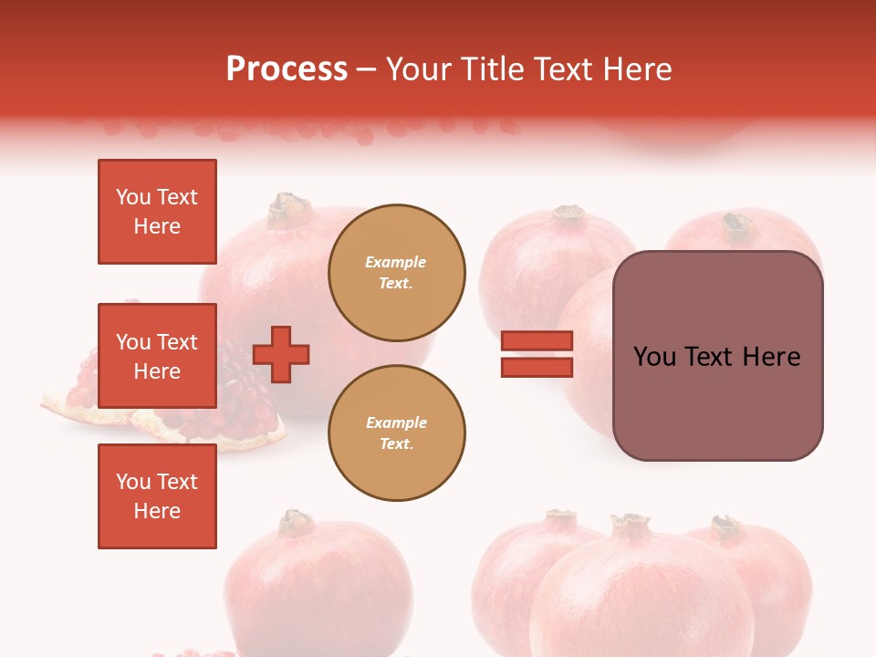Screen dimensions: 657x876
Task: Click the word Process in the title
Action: point(287,69)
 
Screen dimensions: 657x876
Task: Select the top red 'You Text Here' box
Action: point(157,212)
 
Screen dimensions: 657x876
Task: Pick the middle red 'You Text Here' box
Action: point(157,356)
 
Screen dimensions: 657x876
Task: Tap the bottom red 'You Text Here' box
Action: point(157,495)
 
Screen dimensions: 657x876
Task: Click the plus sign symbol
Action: point(281,354)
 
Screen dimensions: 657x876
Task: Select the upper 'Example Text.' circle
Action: point(396,272)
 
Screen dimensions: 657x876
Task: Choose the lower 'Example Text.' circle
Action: point(396,433)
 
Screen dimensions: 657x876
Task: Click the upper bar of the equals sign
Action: point(537,340)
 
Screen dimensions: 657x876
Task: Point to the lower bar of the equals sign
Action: point(537,368)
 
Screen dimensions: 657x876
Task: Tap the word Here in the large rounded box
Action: point(771,356)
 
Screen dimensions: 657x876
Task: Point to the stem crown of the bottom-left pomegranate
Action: point(295,522)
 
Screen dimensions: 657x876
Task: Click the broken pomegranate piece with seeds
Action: point(228,411)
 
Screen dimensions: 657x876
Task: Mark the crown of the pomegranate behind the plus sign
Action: point(289,209)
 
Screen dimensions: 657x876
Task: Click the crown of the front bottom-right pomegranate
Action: point(630,526)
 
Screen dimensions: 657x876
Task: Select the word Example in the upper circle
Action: point(396,262)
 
